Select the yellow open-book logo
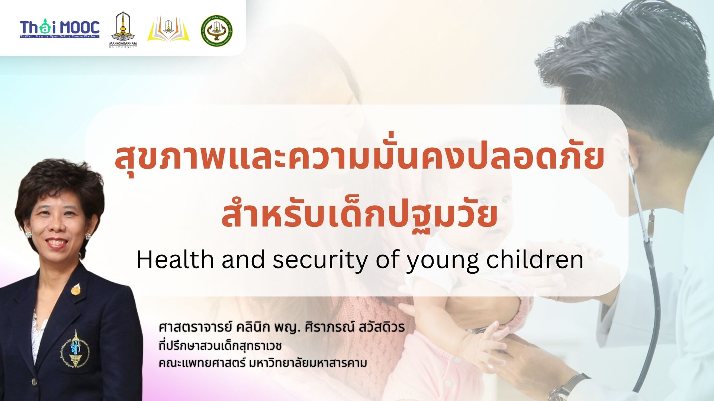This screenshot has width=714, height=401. (168, 29)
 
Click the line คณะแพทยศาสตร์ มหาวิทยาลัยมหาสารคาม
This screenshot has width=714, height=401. (263, 363)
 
